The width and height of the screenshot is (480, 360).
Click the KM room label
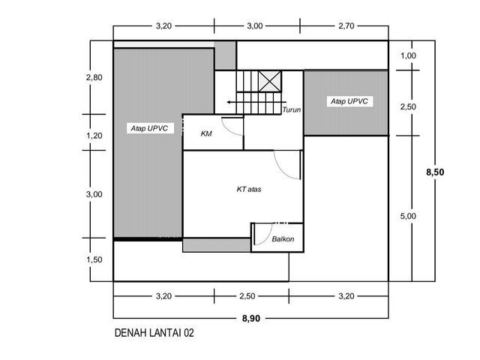point(206,133)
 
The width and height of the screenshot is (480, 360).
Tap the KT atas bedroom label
point(249,189)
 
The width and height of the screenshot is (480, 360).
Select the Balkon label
point(283,238)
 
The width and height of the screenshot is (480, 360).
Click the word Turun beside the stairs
point(292,109)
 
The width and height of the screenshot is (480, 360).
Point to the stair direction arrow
point(256,102)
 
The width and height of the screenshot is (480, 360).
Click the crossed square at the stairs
point(269,82)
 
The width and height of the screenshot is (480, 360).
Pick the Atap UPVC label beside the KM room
point(149,128)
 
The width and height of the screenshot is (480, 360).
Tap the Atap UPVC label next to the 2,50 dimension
point(349,101)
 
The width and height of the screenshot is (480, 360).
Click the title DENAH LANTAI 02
point(154,333)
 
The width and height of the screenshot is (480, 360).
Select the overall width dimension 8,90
point(251,318)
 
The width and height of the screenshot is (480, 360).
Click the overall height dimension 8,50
point(435,172)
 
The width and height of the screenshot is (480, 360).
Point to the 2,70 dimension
point(346,26)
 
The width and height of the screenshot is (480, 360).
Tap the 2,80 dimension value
point(94,77)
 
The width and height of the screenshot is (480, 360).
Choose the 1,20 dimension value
point(94,135)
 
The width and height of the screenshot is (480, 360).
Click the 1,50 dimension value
point(94,259)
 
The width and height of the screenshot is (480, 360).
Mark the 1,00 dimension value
point(408,55)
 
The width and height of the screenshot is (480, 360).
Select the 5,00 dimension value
point(408,216)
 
